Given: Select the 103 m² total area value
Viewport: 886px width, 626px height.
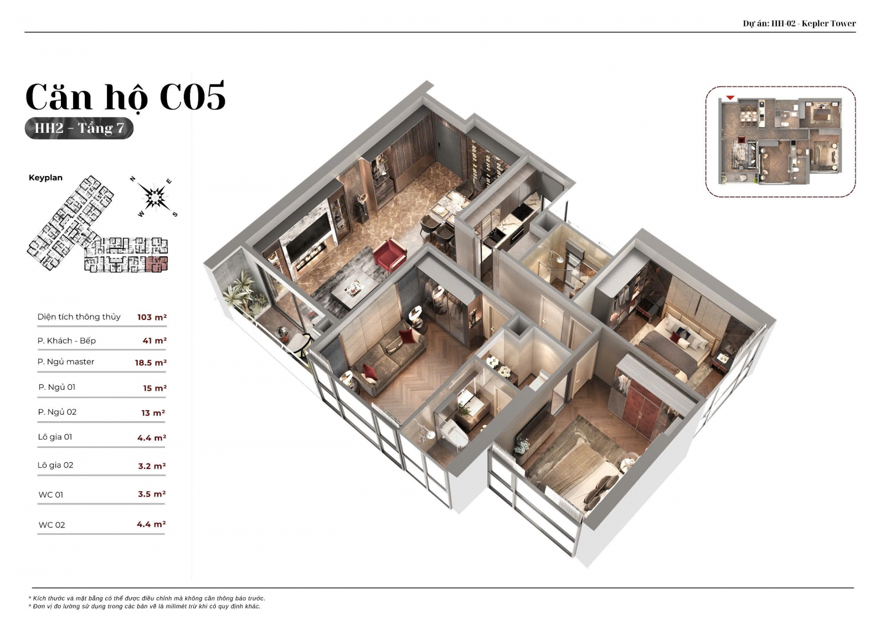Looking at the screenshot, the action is click(x=152, y=317).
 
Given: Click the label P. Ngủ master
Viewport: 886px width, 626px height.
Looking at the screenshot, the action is click(x=66, y=362).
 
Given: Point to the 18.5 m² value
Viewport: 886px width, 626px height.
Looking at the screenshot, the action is click(x=151, y=363).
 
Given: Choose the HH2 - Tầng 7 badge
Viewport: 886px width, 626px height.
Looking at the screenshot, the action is click(x=79, y=128).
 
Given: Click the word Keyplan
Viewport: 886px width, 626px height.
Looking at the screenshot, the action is click(x=45, y=178).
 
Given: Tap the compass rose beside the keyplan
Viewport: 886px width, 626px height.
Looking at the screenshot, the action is click(x=154, y=197).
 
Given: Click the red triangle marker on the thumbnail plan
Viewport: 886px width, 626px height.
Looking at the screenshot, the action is click(x=730, y=97).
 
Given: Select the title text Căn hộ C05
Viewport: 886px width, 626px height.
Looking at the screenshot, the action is click(x=125, y=96).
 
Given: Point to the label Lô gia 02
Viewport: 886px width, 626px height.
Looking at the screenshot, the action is click(x=55, y=465).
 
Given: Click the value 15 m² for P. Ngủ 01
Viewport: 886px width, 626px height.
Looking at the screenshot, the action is click(x=154, y=389).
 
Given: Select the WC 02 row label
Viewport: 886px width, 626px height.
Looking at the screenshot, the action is click(x=52, y=525).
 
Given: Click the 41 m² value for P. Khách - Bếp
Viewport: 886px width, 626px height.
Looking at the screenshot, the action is click(x=154, y=340).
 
